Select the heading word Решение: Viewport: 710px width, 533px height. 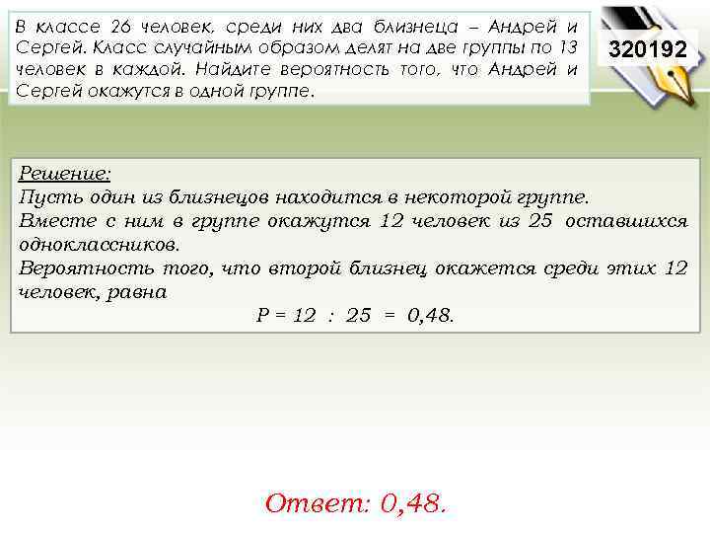[x=65, y=173]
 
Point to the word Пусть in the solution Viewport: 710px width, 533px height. [x=44, y=196]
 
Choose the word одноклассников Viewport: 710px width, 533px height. [x=100, y=244]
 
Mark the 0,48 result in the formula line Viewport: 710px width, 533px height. [x=430, y=316]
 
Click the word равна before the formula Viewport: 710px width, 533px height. [x=139, y=292]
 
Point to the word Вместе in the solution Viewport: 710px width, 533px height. [x=52, y=220]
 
